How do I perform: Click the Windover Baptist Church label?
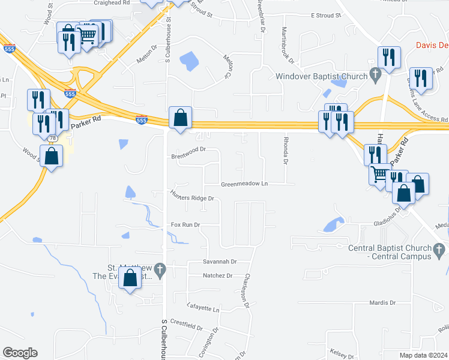[321, 76]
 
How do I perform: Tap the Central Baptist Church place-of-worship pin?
[439, 248]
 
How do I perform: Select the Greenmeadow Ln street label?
[244, 184]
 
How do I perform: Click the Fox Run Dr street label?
[185, 224]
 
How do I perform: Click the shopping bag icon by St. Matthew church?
[130, 278]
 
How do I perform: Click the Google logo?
[20, 353]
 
